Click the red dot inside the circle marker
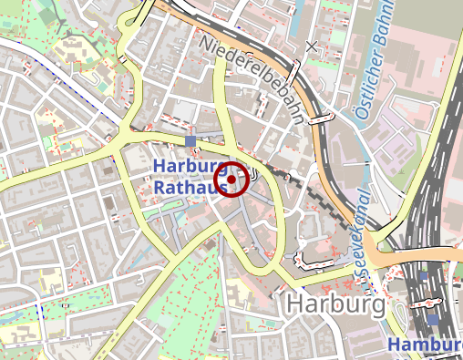(231, 180)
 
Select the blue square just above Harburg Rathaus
(190, 140)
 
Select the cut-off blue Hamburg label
(425, 344)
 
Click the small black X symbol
(313, 45)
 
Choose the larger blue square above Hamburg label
(433, 320)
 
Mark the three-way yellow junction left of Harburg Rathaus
(117, 145)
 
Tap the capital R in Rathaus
(159, 188)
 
